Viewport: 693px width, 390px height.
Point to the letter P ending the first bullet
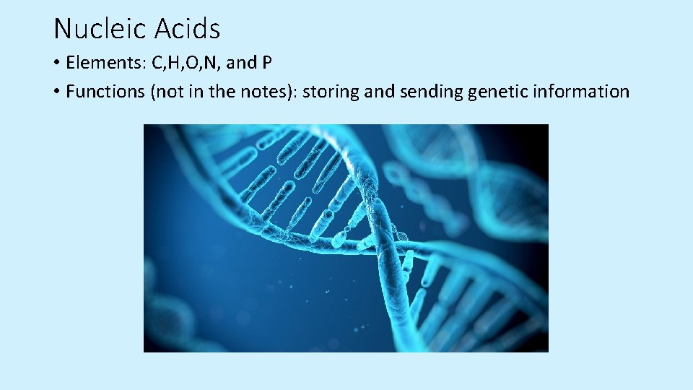(266, 63)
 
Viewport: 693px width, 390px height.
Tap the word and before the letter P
(241, 63)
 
